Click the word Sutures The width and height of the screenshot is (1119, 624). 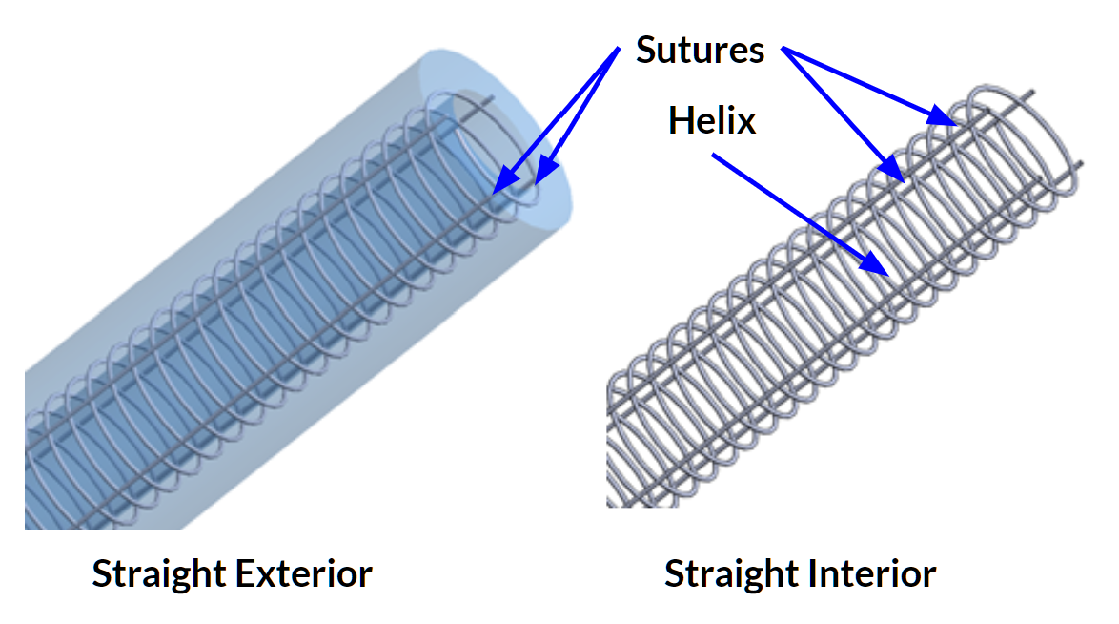click(700, 50)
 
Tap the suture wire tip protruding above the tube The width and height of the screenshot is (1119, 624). click(491, 98)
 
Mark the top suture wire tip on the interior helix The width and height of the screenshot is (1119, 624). click(1033, 94)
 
